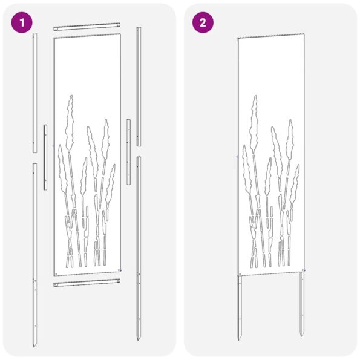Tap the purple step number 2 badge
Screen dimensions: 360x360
pyautogui.click(x=203, y=23)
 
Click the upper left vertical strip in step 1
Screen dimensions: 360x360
pyautogui.click(x=34, y=91)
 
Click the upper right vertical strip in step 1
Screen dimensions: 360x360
pyautogui.click(x=139, y=85)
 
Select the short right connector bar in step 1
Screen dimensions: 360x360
pyautogui.click(x=129, y=151)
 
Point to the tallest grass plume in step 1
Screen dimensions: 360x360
pyautogui.click(x=71, y=121)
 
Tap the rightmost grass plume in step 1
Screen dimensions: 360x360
pyautogui.click(x=111, y=182)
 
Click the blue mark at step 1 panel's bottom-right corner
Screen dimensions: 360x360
pyautogui.click(x=120, y=269)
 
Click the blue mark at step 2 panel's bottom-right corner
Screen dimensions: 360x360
pyautogui.click(x=304, y=270)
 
